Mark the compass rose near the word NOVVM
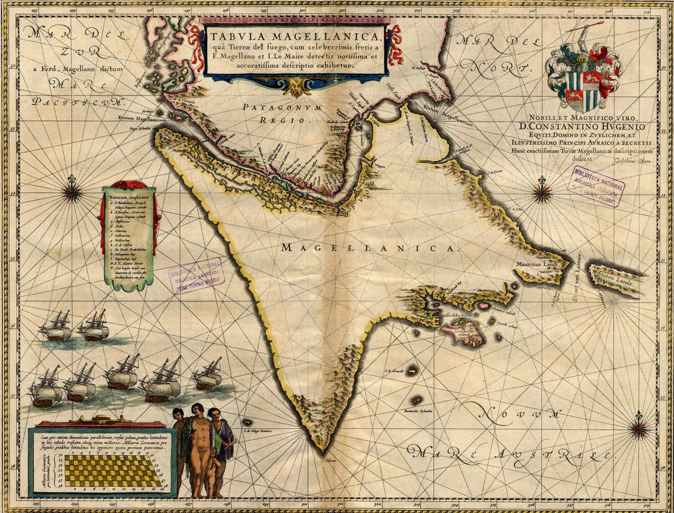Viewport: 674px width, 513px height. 638,429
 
